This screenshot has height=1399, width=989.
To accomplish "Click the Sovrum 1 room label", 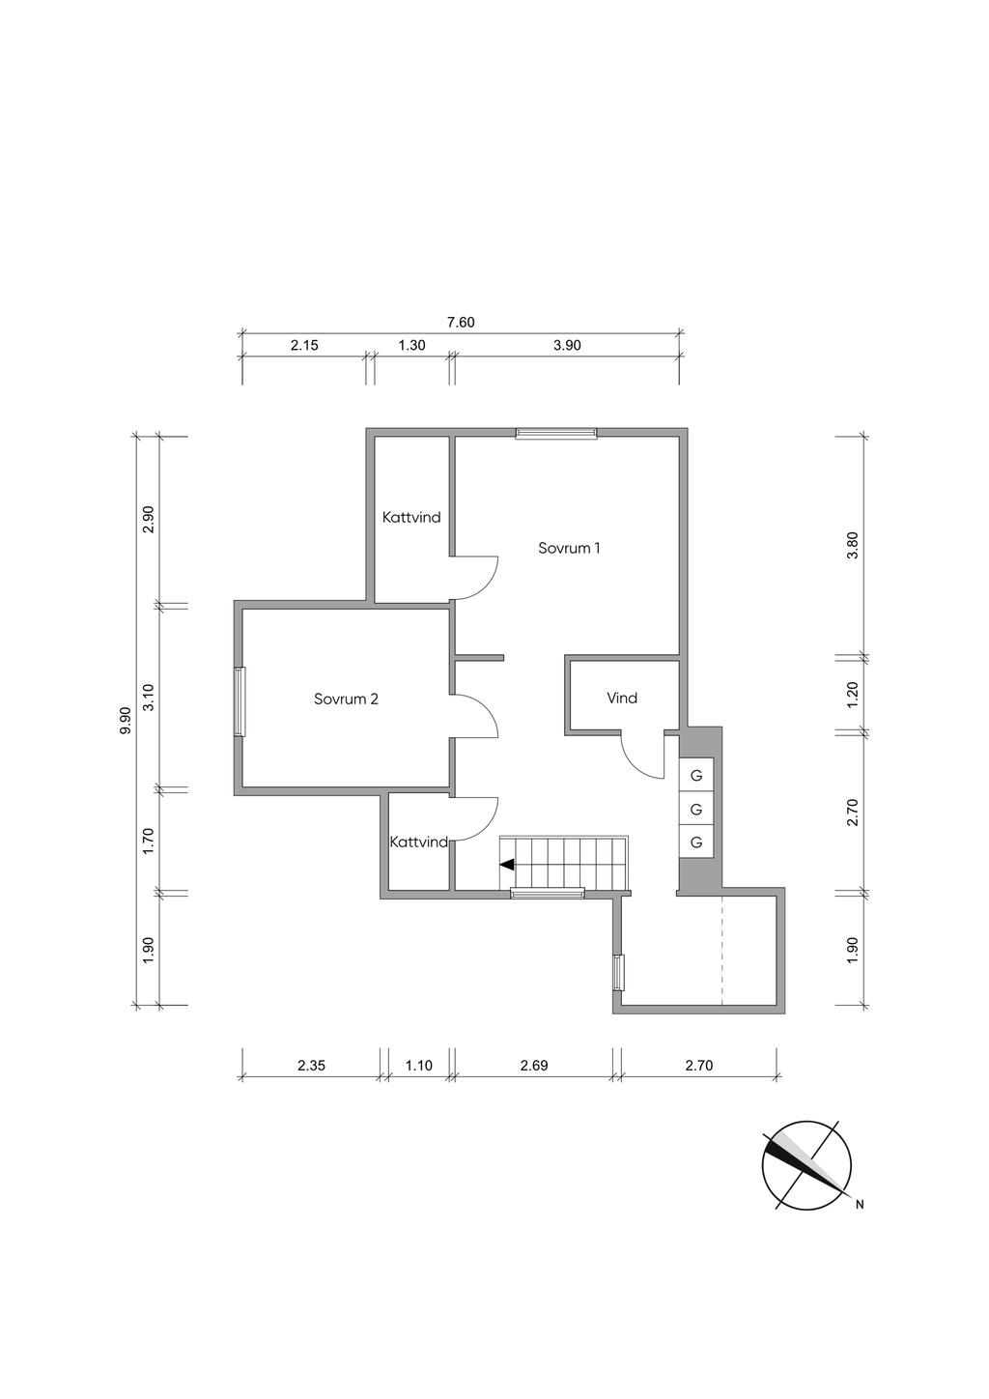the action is click(x=569, y=548).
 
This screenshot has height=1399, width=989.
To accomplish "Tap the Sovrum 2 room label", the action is click(x=346, y=699).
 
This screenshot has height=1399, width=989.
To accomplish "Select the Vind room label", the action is click(x=622, y=698).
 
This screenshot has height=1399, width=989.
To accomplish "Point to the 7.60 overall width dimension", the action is click(x=461, y=323).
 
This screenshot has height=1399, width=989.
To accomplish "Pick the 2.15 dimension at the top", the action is click(x=304, y=345).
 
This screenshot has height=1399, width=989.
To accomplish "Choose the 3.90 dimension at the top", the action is click(x=567, y=345).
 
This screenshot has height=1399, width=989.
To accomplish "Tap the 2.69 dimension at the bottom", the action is click(x=534, y=1065).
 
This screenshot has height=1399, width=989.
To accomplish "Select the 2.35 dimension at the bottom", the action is click(x=311, y=1065).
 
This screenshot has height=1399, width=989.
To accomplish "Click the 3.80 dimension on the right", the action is click(x=853, y=545).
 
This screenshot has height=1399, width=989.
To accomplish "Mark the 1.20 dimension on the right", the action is click(x=853, y=695).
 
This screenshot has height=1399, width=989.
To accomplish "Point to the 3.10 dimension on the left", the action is click(x=148, y=697).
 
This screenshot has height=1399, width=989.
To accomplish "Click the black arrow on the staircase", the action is click(x=507, y=865).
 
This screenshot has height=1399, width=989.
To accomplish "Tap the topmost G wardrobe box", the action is click(x=696, y=776).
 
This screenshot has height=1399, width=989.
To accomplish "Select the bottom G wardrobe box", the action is click(x=696, y=842).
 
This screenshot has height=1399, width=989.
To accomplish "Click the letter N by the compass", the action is click(x=860, y=1205).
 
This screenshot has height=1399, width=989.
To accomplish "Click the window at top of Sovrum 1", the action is click(x=556, y=432).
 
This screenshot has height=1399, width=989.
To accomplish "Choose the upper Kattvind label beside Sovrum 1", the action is click(x=411, y=517).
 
